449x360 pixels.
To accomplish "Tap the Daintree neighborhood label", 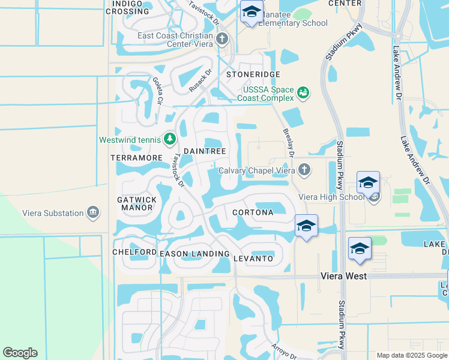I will [x=204, y=152].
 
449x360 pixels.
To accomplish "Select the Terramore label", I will [x=137, y=157].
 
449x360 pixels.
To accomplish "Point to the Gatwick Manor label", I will [x=137, y=203].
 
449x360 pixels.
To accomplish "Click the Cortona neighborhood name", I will [x=253, y=212].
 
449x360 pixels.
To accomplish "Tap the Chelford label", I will [x=134, y=252].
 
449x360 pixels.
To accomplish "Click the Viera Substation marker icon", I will [x=92, y=212].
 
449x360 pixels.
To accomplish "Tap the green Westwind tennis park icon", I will [x=170, y=140].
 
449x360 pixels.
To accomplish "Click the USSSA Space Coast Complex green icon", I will [x=304, y=93].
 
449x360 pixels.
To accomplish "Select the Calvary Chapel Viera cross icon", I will [x=304, y=170].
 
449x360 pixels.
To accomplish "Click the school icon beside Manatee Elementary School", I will [x=252, y=11].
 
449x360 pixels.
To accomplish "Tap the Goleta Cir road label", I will [x=158, y=91].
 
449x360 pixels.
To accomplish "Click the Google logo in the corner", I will [x=20, y=353].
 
